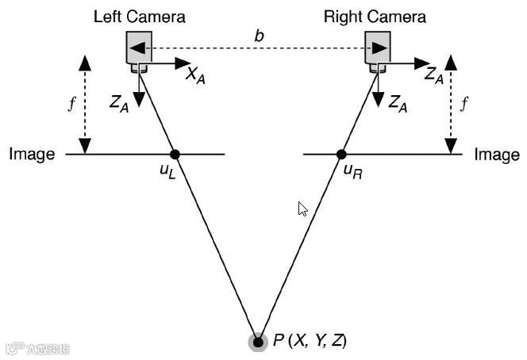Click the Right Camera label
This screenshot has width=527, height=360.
[375, 16]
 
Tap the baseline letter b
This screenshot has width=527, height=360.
[259, 36]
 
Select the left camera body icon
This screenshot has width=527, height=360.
[139, 49]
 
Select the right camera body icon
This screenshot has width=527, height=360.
[377, 49]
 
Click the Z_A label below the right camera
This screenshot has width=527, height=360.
[398, 103]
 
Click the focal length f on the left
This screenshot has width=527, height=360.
[71, 105]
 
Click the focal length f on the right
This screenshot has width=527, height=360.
[465, 104]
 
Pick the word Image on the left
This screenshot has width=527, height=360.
[32, 155]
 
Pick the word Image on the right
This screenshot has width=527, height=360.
[497, 155]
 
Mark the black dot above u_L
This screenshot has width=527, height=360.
[175, 154]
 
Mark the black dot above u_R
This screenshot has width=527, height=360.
[341, 154]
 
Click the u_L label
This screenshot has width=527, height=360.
[167, 172]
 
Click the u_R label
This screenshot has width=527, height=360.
[353, 172]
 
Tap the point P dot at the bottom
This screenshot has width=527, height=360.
[257, 342]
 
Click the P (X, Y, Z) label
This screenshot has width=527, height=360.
[310, 341]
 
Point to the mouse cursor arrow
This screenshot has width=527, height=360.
[302, 209]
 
